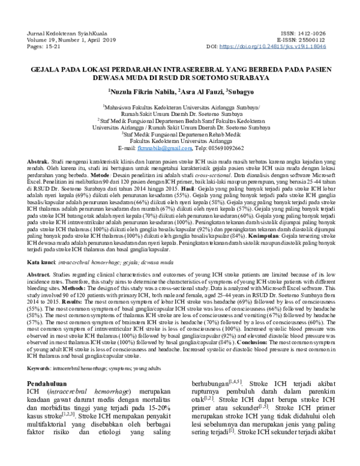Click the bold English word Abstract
point(40,274)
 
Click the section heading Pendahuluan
point(56,383)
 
